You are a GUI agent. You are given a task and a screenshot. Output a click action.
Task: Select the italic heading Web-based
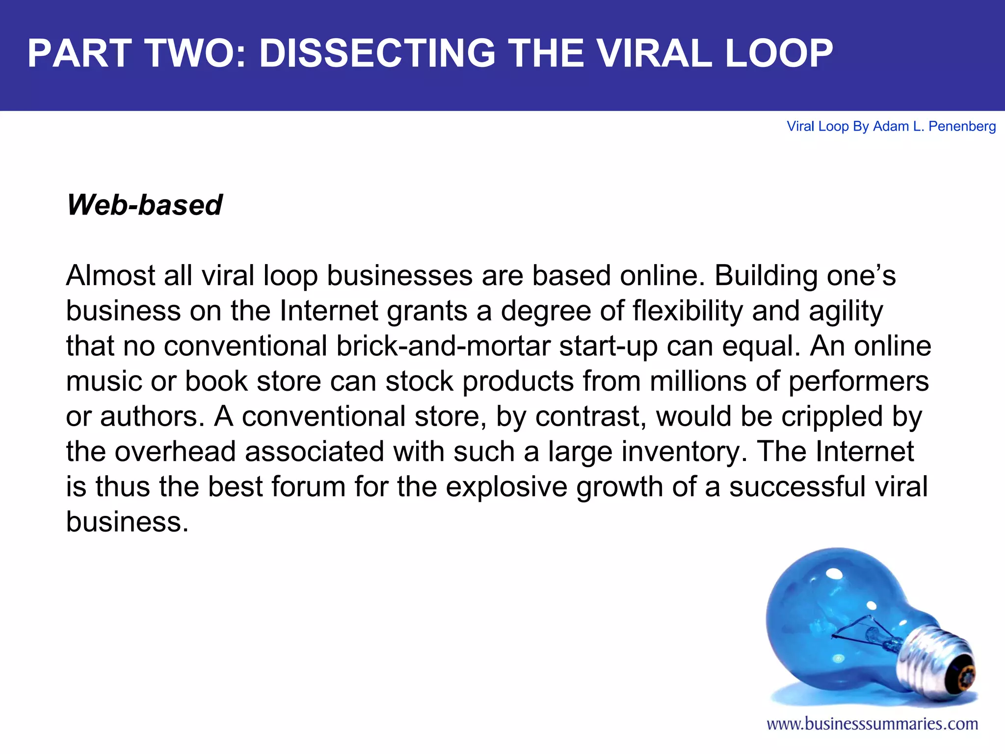[144, 205]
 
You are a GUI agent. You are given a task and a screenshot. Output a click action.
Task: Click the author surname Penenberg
[962, 127]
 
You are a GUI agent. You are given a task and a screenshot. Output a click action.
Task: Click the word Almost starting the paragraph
[110, 275]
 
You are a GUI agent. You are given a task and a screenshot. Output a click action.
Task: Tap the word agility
[842, 311]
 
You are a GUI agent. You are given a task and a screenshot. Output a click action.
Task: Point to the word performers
[858, 381]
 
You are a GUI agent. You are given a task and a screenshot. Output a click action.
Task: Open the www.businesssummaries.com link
[872, 724]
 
